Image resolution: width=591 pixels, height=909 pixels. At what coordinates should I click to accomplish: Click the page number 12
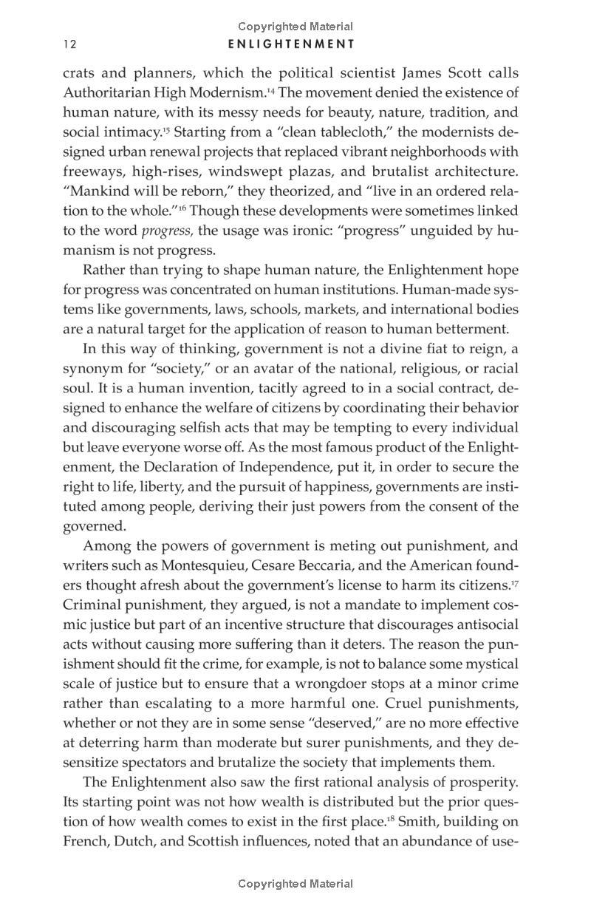click(70, 44)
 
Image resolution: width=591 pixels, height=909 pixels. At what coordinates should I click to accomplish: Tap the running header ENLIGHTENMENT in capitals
click(291, 44)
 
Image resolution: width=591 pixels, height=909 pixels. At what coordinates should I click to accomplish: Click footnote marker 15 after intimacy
click(165, 129)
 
